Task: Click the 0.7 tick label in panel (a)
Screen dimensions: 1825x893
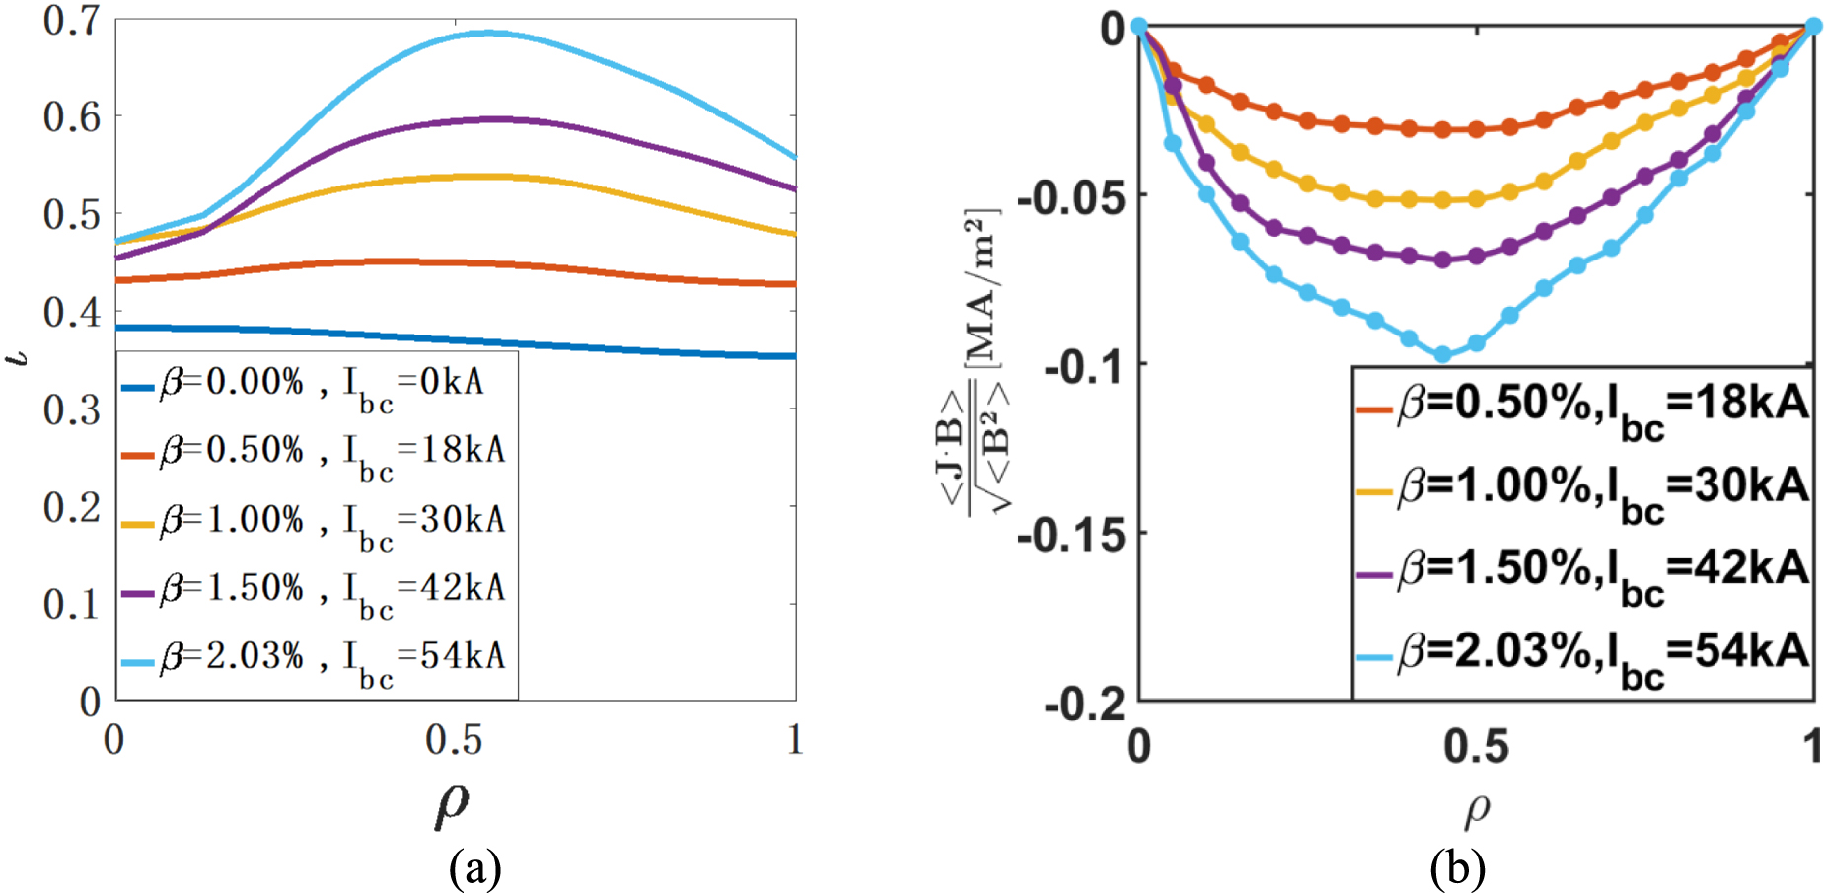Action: (x=72, y=20)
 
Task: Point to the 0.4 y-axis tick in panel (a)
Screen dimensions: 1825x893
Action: (x=72, y=312)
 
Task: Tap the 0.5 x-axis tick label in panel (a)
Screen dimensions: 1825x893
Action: (x=454, y=739)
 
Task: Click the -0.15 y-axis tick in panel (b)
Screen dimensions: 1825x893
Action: (x=1071, y=534)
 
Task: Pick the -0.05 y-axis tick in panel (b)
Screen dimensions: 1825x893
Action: (x=1071, y=195)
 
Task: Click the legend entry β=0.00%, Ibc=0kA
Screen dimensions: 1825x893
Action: (x=303, y=385)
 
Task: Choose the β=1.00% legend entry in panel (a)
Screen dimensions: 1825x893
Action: (x=313, y=523)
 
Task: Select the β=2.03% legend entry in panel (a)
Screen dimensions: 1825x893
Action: (x=313, y=659)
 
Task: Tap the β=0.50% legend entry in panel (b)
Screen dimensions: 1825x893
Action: (x=1582, y=409)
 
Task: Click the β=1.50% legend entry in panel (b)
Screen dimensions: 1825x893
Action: (x=1582, y=573)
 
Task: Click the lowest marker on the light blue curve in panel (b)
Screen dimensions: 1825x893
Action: (x=1442, y=354)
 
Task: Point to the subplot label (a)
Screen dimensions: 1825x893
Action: (x=474, y=869)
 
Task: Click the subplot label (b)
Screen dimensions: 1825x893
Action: (x=1457, y=869)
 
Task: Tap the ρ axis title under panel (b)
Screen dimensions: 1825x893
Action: (x=1477, y=810)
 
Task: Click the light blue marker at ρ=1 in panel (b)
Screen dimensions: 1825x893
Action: (x=1813, y=27)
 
